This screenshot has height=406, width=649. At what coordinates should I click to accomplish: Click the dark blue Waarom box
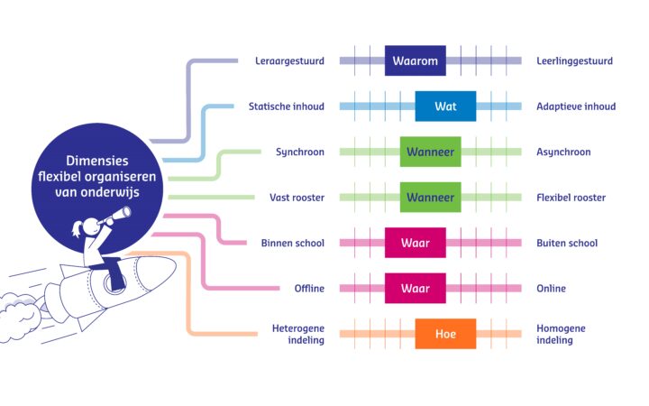point(415,61)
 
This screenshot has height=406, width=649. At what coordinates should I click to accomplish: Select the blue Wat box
point(445,106)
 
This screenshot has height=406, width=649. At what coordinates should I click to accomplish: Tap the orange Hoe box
point(445,334)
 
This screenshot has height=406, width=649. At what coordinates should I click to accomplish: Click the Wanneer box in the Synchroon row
point(430,152)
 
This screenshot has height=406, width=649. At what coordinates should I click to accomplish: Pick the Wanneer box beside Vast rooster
point(430,198)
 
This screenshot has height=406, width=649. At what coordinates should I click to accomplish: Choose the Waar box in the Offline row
point(415,288)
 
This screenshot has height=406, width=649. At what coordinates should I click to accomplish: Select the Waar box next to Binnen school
point(415,243)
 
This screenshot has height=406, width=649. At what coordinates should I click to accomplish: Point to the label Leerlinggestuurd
point(574,61)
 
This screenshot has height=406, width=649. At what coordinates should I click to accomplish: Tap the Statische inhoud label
point(286,106)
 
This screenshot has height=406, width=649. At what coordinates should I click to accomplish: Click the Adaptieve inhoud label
point(576,106)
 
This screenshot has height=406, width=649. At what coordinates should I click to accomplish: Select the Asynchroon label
point(563,152)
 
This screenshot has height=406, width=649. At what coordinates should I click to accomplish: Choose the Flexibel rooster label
point(571,198)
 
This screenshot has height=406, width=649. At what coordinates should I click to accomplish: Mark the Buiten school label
point(567,243)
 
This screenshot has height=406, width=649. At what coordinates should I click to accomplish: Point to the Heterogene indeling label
point(297,334)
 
